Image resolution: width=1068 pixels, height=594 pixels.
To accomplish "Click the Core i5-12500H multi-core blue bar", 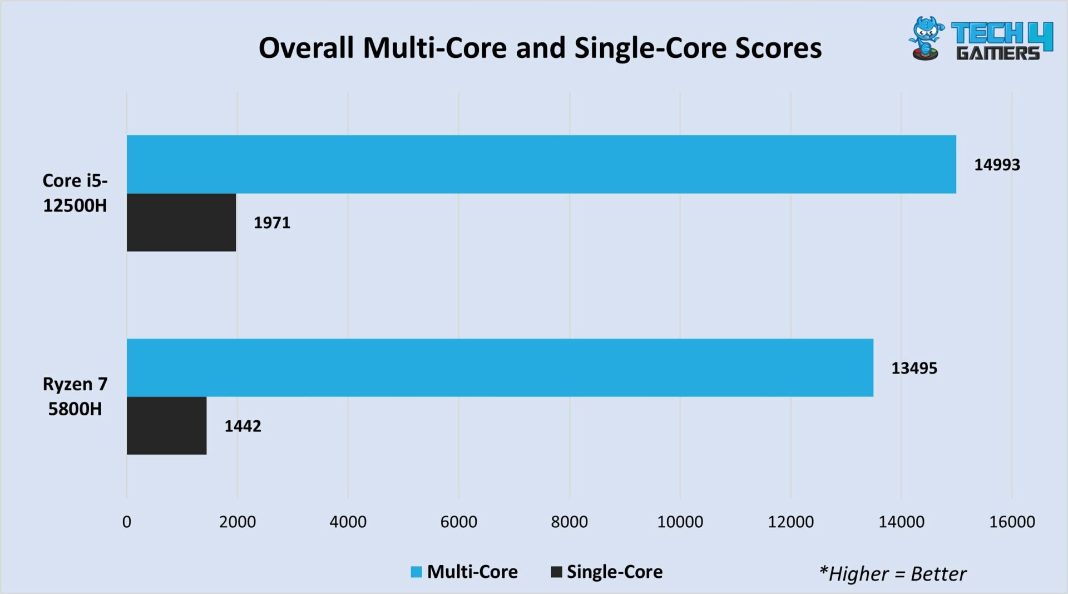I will [x=541, y=164].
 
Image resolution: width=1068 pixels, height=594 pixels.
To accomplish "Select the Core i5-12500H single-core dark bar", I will [x=181, y=222].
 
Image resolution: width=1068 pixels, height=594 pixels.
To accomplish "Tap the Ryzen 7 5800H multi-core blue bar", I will [x=500, y=367].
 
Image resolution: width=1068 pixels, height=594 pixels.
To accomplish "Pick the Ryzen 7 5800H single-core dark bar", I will [x=166, y=425].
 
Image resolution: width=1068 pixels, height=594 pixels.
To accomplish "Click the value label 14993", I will [x=997, y=165].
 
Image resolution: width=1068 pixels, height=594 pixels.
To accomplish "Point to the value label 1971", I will [x=271, y=223].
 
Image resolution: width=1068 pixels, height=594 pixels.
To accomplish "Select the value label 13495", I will [x=914, y=368].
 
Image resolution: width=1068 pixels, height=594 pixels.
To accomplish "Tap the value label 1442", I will [x=243, y=426].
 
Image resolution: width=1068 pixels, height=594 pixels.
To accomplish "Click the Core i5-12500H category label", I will [x=75, y=193].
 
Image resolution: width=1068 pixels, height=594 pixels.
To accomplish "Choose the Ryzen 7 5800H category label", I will [x=75, y=396].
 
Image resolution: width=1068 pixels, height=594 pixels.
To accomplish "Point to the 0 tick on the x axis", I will [x=127, y=522].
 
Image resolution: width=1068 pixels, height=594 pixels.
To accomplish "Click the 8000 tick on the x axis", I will [x=569, y=522].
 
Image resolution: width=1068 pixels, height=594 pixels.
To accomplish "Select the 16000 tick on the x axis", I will [x=1012, y=522].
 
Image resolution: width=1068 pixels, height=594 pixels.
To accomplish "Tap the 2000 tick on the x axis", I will [x=238, y=522].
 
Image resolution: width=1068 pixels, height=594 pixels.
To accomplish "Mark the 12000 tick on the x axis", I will [x=790, y=522].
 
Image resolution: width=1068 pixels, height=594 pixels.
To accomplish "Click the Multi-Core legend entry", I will [x=464, y=572].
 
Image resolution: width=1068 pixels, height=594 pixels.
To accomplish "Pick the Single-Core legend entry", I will [x=607, y=572].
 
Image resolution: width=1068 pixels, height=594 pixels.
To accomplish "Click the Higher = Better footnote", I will [x=892, y=573].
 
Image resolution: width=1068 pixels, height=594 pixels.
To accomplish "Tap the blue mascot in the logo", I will [x=926, y=38].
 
